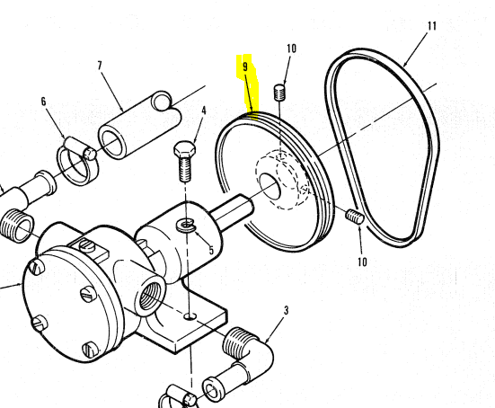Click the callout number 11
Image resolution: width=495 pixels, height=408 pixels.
[x=432, y=26]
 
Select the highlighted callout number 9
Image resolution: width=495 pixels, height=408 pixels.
[x=245, y=67]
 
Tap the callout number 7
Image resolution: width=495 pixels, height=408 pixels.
[x=100, y=66]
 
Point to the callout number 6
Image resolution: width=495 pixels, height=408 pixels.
[x=43, y=102]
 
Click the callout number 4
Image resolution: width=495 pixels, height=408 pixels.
[x=204, y=111]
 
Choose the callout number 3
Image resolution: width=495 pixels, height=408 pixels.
[x=286, y=310]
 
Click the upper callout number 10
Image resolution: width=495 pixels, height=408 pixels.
[x=291, y=49]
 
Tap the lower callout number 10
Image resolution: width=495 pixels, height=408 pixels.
[x=362, y=262]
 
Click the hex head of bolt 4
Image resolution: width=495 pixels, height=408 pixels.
[x=184, y=150]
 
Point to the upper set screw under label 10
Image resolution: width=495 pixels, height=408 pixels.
[x=279, y=92]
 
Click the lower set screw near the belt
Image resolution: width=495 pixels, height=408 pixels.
[x=355, y=217]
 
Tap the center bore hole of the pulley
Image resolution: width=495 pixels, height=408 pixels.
[x=270, y=187]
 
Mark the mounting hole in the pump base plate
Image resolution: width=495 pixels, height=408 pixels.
[x=190, y=315]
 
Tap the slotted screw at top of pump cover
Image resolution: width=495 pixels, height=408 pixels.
[x=86, y=245]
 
